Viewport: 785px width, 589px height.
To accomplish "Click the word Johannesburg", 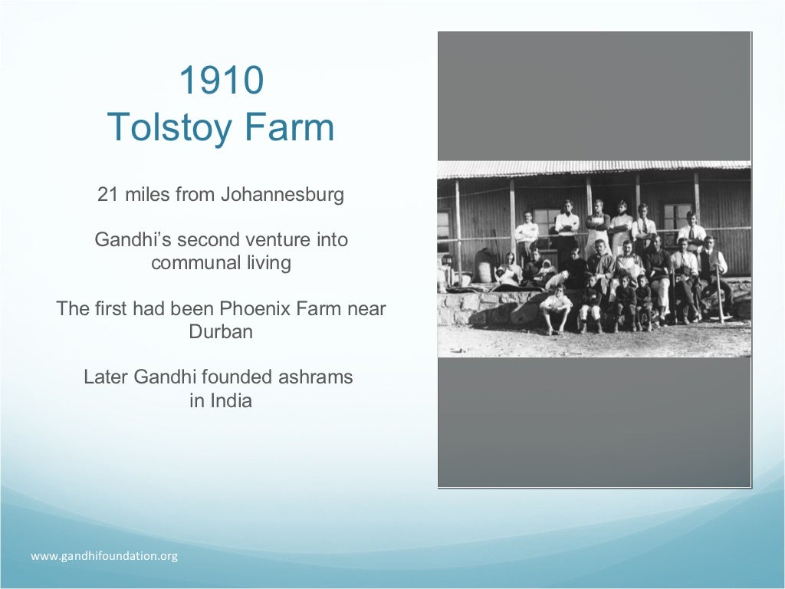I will [x=282, y=195].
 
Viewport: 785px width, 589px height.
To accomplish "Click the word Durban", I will [x=221, y=332].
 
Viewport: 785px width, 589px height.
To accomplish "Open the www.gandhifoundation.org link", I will [x=104, y=556].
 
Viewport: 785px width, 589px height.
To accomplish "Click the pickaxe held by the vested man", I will [x=719, y=295].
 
